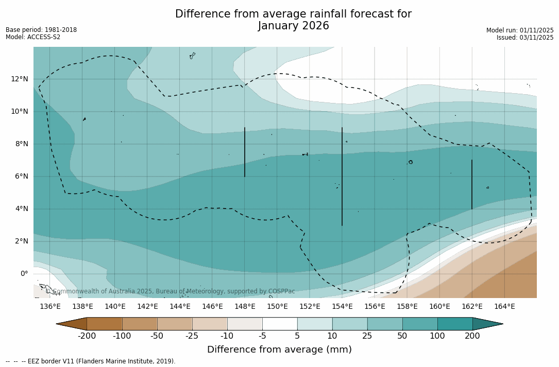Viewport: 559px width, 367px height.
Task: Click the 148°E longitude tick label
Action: pos(245,307)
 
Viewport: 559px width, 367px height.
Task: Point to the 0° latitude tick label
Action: pos(24,274)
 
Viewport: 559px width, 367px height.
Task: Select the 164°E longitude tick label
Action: pos(504,307)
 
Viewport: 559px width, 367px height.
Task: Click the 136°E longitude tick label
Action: pos(50,307)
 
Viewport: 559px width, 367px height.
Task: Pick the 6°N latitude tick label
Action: pos(21,176)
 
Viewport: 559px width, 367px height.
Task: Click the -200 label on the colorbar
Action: pos(87,336)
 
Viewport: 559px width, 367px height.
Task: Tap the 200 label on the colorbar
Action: pos(472,336)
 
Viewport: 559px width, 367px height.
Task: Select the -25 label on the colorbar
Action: pos(192,336)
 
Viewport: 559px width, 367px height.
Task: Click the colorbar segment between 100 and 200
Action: pos(455,324)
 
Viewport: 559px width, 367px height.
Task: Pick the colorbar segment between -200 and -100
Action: pos(104,324)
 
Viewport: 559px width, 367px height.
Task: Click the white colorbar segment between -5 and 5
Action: pos(280,324)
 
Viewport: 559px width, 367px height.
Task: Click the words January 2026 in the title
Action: pos(293,26)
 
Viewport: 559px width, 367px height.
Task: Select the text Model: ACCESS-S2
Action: pos(33,37)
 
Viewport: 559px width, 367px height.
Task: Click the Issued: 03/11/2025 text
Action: pos(525,38)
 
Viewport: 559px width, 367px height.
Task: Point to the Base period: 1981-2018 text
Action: pos(41,30)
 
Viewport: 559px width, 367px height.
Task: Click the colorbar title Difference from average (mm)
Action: pos(279,350)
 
